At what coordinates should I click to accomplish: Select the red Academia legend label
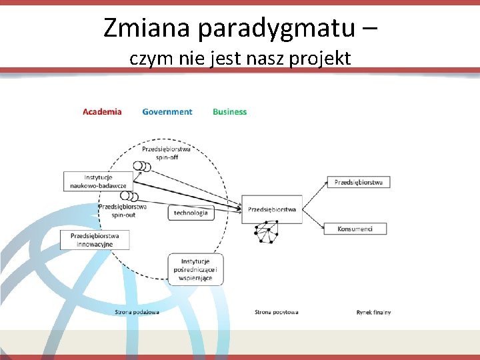tap(102, 112)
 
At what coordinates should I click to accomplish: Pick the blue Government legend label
tap(167, 112)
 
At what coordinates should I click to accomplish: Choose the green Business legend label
tap(229, 112)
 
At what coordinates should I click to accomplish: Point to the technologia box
tap(191, 213)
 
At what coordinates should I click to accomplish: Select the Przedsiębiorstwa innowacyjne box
tap(94, 240)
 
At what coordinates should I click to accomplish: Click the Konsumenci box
tap(355, 229)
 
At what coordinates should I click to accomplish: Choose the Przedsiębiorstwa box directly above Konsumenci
tap(358, 182)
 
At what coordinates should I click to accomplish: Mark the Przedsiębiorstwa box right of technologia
tap(272, 209)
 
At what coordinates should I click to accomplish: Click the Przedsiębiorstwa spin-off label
tap(166, 153)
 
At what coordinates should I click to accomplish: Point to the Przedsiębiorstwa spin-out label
tap(123, 211)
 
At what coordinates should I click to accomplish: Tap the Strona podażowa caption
tap(137, 312)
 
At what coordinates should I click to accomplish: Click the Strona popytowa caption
tap(276, 312)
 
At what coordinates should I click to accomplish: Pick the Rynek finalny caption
tap(373, 312)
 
